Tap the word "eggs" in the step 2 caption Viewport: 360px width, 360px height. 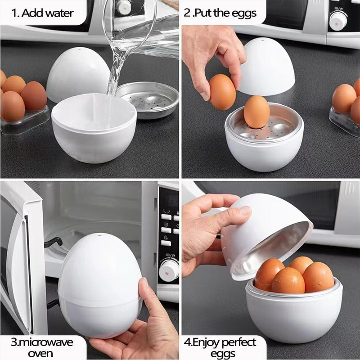click(x=244, y=13)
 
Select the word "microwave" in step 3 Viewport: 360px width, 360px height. click(x=45, y=342)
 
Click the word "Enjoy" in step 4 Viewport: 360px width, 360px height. click(x=206, y=343)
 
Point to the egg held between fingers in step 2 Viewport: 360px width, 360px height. click(x=222, y=92)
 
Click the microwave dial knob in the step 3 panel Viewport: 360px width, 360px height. click(x=169, y=270)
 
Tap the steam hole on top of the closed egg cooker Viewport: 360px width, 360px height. click(x=99, y=235)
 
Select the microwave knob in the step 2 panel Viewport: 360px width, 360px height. click(x=338, y=21)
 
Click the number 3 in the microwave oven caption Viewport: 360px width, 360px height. click(x=14, y=342)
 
